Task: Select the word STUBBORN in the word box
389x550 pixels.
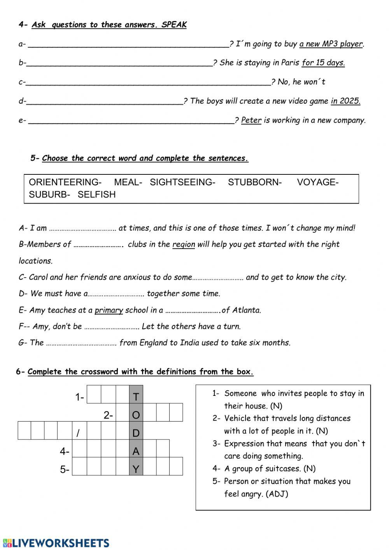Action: [254, 182]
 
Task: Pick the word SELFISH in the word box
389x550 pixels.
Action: [96, 195]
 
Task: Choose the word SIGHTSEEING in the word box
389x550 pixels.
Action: [182, 182]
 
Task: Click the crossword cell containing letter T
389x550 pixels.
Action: [136, 397]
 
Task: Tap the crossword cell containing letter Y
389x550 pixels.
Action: [136, 469]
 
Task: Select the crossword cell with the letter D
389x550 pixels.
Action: [136, 433]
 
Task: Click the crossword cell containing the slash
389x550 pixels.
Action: [78, 433]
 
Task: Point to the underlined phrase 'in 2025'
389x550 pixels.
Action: [345, 101]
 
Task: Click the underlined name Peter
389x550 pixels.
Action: [251, 120]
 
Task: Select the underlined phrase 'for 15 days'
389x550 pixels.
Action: [323, 63]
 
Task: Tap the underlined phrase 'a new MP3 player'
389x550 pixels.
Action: [331, 44]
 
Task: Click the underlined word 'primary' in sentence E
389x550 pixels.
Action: [109, 310]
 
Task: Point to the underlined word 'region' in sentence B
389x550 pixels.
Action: [184, 244]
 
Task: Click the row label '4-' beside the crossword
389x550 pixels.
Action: [64, 452]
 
